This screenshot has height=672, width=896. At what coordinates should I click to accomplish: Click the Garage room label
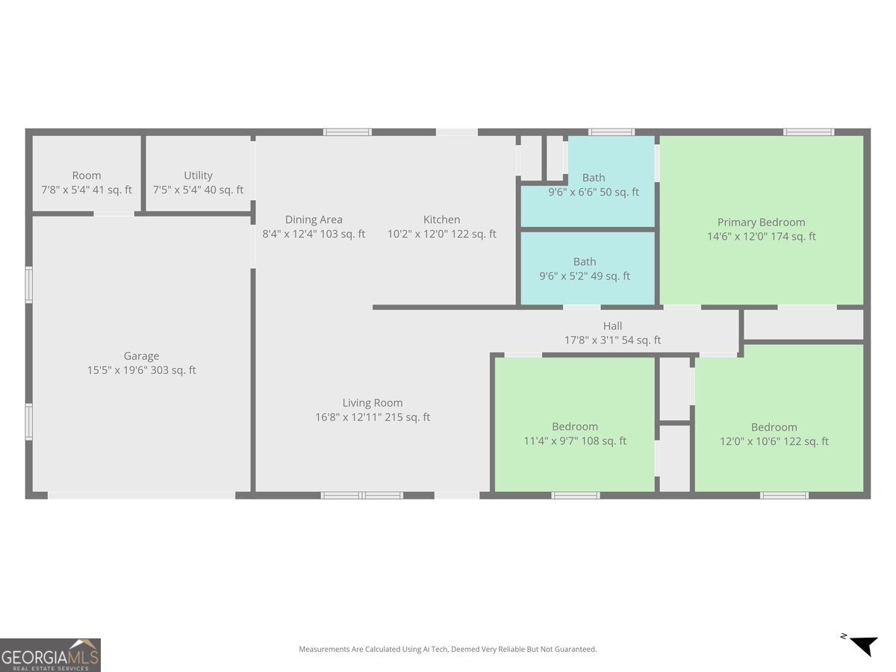tap(141, 356)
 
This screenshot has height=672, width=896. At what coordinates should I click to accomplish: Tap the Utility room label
tap(198, 175)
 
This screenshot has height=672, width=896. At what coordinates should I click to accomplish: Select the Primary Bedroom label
tap(761, 222)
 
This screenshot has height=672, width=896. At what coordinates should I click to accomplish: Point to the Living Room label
tap(373, 402)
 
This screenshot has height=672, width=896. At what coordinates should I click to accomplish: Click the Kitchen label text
tap(441, 220)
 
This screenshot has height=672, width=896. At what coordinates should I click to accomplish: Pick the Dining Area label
tap(314, 220)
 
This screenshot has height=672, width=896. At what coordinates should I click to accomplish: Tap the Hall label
tap(612, 326)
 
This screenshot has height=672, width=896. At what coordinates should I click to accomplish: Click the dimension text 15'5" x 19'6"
tap(141, 370)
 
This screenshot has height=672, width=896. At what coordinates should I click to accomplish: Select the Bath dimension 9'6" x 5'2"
tap(585, 276)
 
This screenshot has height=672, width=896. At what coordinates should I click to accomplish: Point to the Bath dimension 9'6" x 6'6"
tap(594, 192)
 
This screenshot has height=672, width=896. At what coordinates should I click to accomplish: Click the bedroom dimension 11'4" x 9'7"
tap(574, 441)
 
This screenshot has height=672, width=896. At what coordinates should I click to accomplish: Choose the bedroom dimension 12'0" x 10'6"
tap(774, 441)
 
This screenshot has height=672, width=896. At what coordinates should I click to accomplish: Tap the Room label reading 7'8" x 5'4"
tap(87, 190)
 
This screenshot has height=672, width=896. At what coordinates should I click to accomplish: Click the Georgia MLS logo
tap(50, 655)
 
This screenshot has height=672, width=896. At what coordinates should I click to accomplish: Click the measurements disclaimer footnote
tap(448, 650)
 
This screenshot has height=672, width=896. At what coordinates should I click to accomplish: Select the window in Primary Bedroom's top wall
tap(808, 132)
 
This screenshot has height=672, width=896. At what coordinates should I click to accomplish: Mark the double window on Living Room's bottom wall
tap(362, 495)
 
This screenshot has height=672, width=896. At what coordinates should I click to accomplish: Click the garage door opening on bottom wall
tap(142, 495)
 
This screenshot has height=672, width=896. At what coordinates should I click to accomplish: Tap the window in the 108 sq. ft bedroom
tap(575, 495)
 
